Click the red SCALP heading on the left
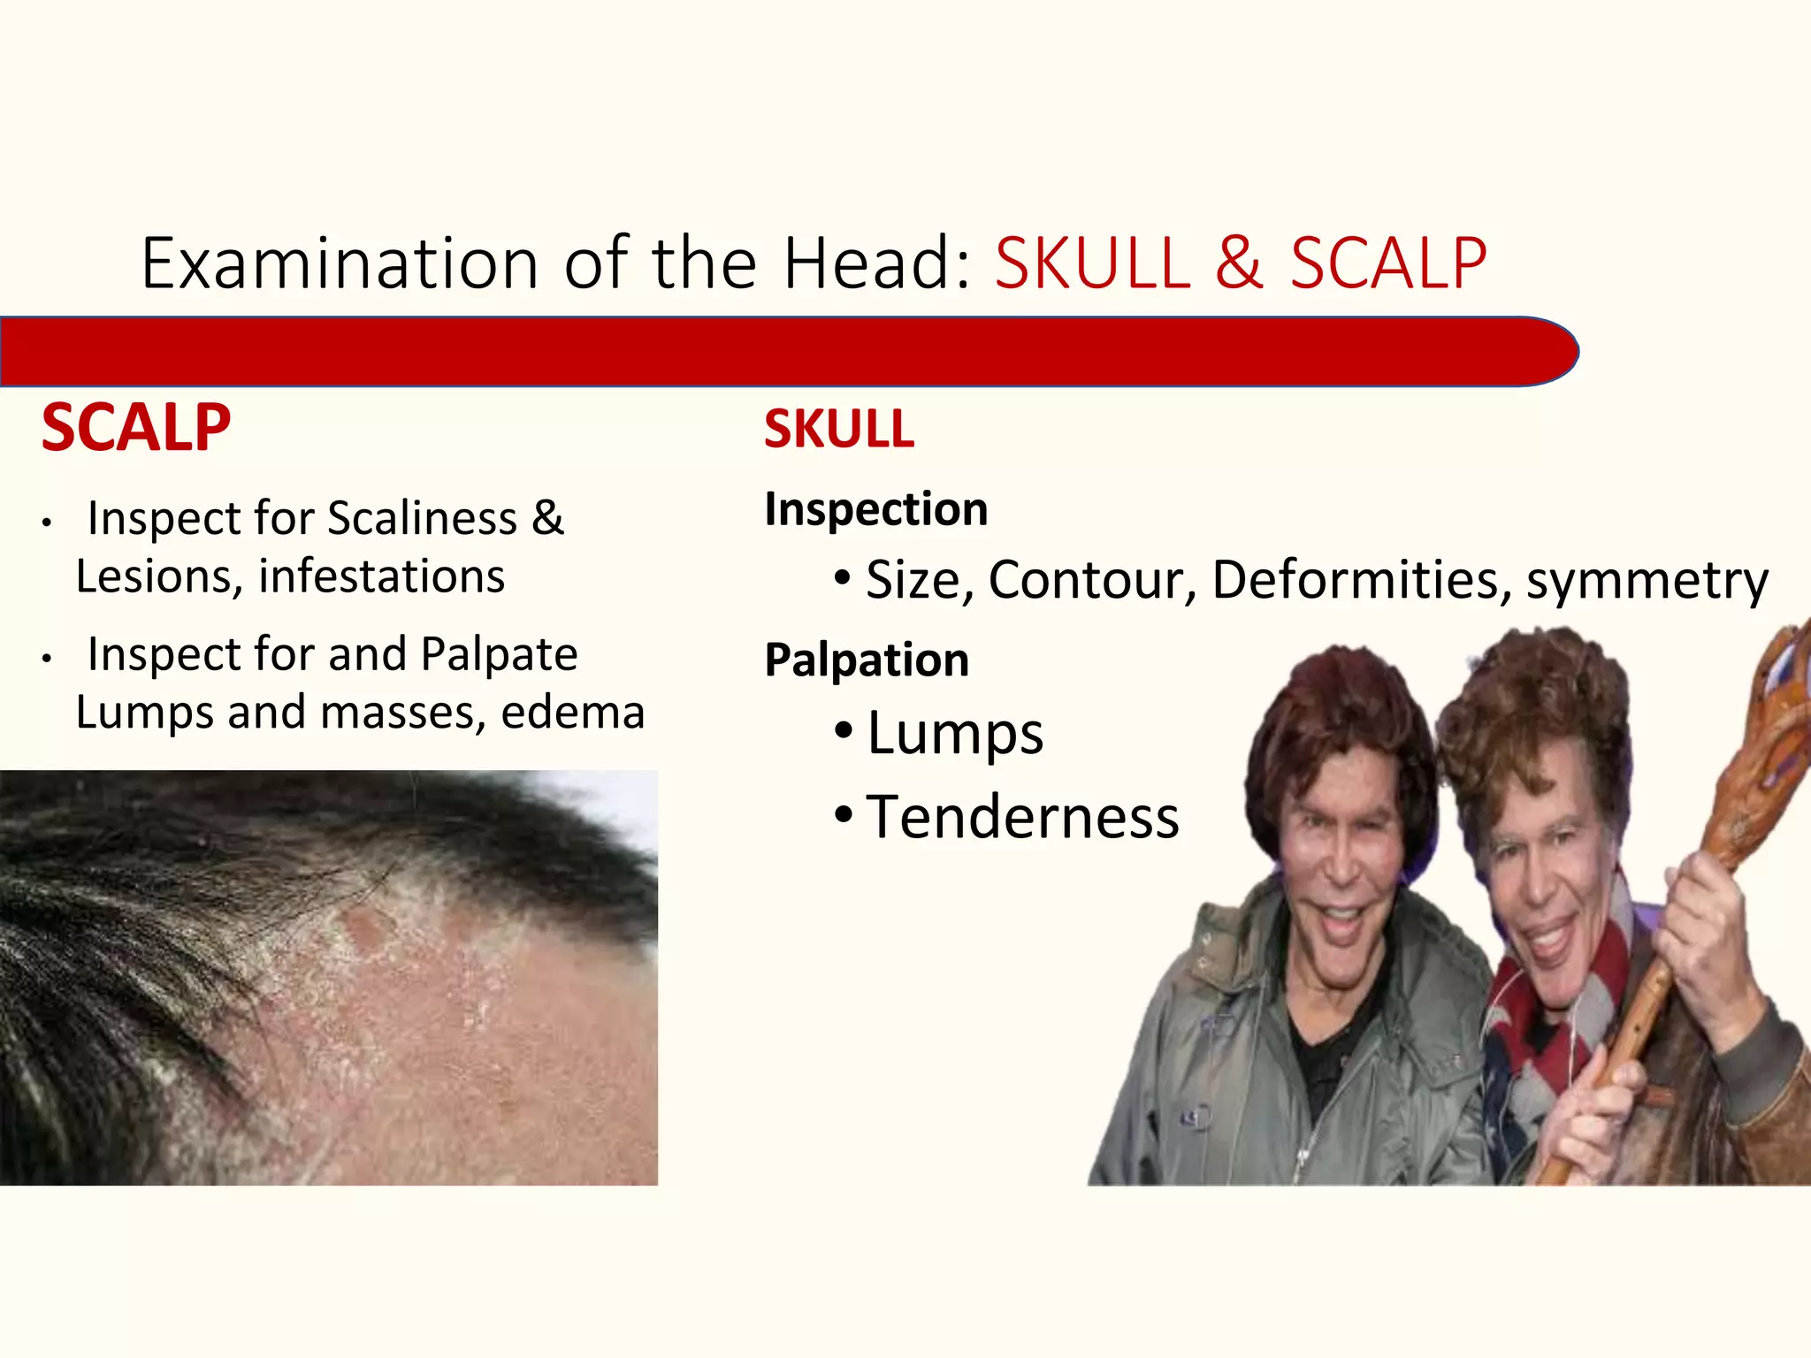pos(135,428)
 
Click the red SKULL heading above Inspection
pos(838,430)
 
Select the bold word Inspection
pos(875,509)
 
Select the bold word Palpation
pos(867,660)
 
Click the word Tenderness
pos(1022,817)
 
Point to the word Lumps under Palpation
pos(955,734)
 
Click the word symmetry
pos(1647,582)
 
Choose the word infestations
pos(381,576)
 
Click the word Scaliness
pos(422,518)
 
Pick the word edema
pos(572,713)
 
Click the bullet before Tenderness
pos(843,815)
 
